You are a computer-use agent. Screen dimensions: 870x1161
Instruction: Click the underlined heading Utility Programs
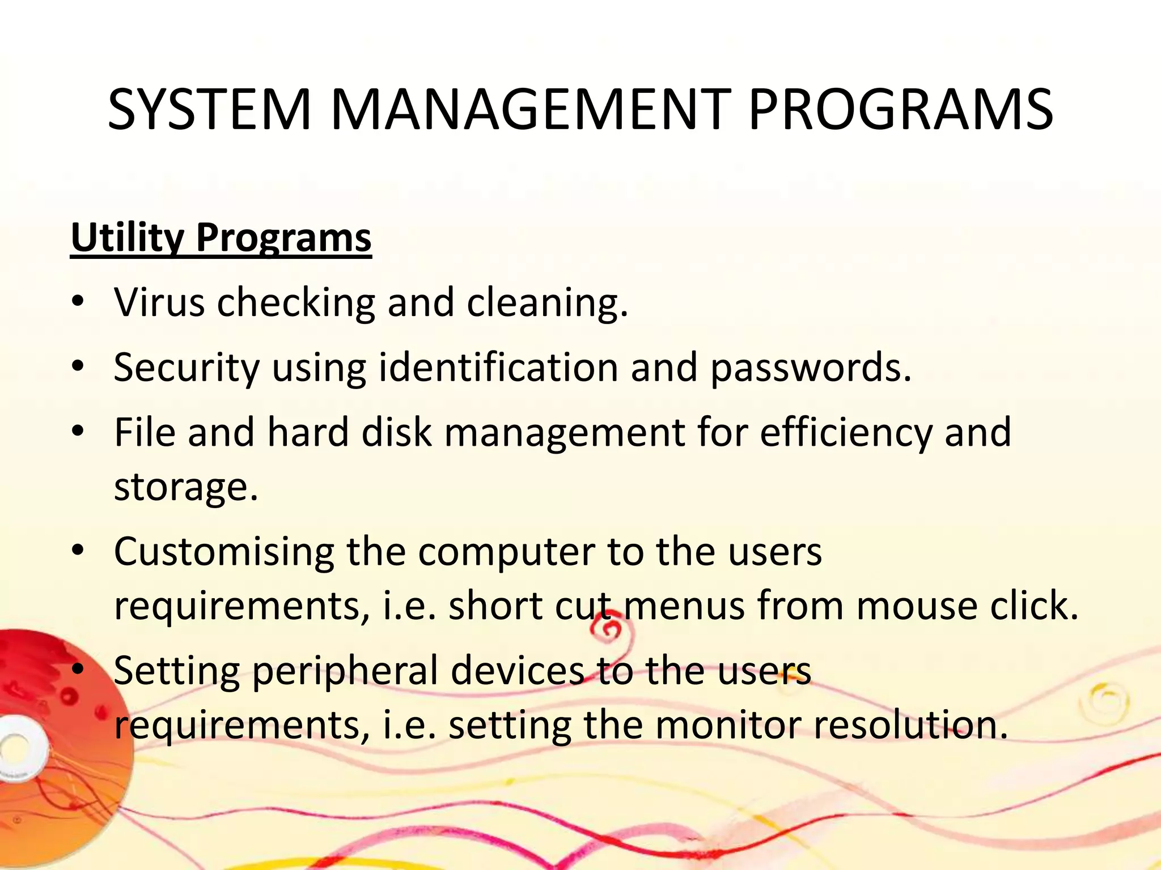click(221, 237)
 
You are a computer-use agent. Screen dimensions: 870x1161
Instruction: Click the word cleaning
click(547, 303)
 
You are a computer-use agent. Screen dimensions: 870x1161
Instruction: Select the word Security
click(187, 368)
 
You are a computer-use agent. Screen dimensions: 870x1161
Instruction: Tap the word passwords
click(810, 368)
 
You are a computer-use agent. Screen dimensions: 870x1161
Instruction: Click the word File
click(145, 432)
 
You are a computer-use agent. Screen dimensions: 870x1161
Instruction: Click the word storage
click(185, 487)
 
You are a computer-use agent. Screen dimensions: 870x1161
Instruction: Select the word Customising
click(224, 552)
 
